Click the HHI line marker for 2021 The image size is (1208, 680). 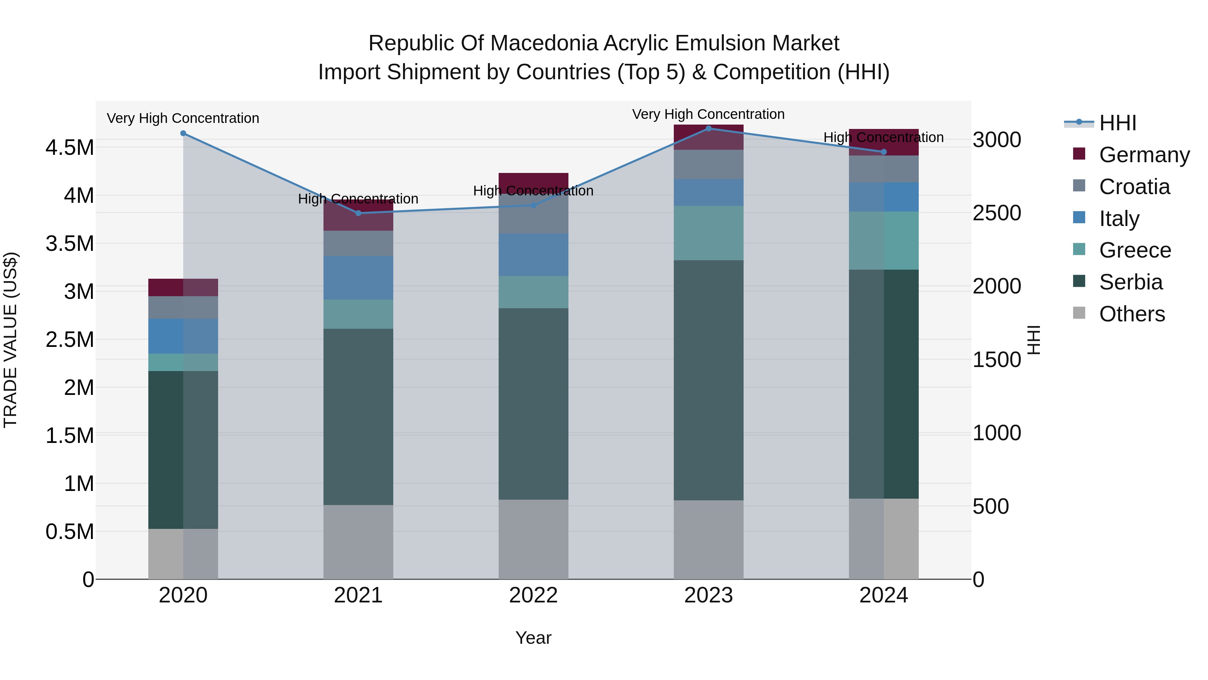pos(358,213)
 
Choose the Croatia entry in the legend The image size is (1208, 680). pos(1134,187)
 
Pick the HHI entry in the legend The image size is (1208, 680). pos(1117,123)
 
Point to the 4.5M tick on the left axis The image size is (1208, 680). pos(69,148)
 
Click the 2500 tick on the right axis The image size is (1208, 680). pos(997,213)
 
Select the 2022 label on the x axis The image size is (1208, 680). pos(533,595)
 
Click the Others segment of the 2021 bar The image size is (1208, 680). pos(358,542)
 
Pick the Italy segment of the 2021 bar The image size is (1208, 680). pos(358,278)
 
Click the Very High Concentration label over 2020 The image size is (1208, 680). pos(183,118)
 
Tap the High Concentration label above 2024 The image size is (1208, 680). pos(884,137)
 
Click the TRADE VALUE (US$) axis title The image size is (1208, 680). pos(10,340)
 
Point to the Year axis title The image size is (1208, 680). pos(533,638)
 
